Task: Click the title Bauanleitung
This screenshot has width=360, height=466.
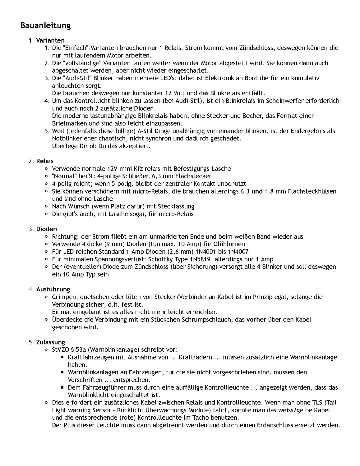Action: (45, 25)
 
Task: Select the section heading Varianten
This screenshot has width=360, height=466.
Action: (50, 40)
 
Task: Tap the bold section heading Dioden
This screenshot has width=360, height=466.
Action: (46, 229)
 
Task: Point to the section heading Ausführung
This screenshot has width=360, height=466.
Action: (53, 289)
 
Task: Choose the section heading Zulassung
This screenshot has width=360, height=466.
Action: (50, 342)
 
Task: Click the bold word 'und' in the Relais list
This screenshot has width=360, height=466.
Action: (257, 191)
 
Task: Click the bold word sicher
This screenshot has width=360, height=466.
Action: (95, 304)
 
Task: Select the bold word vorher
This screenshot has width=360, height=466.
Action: (256, 319)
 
